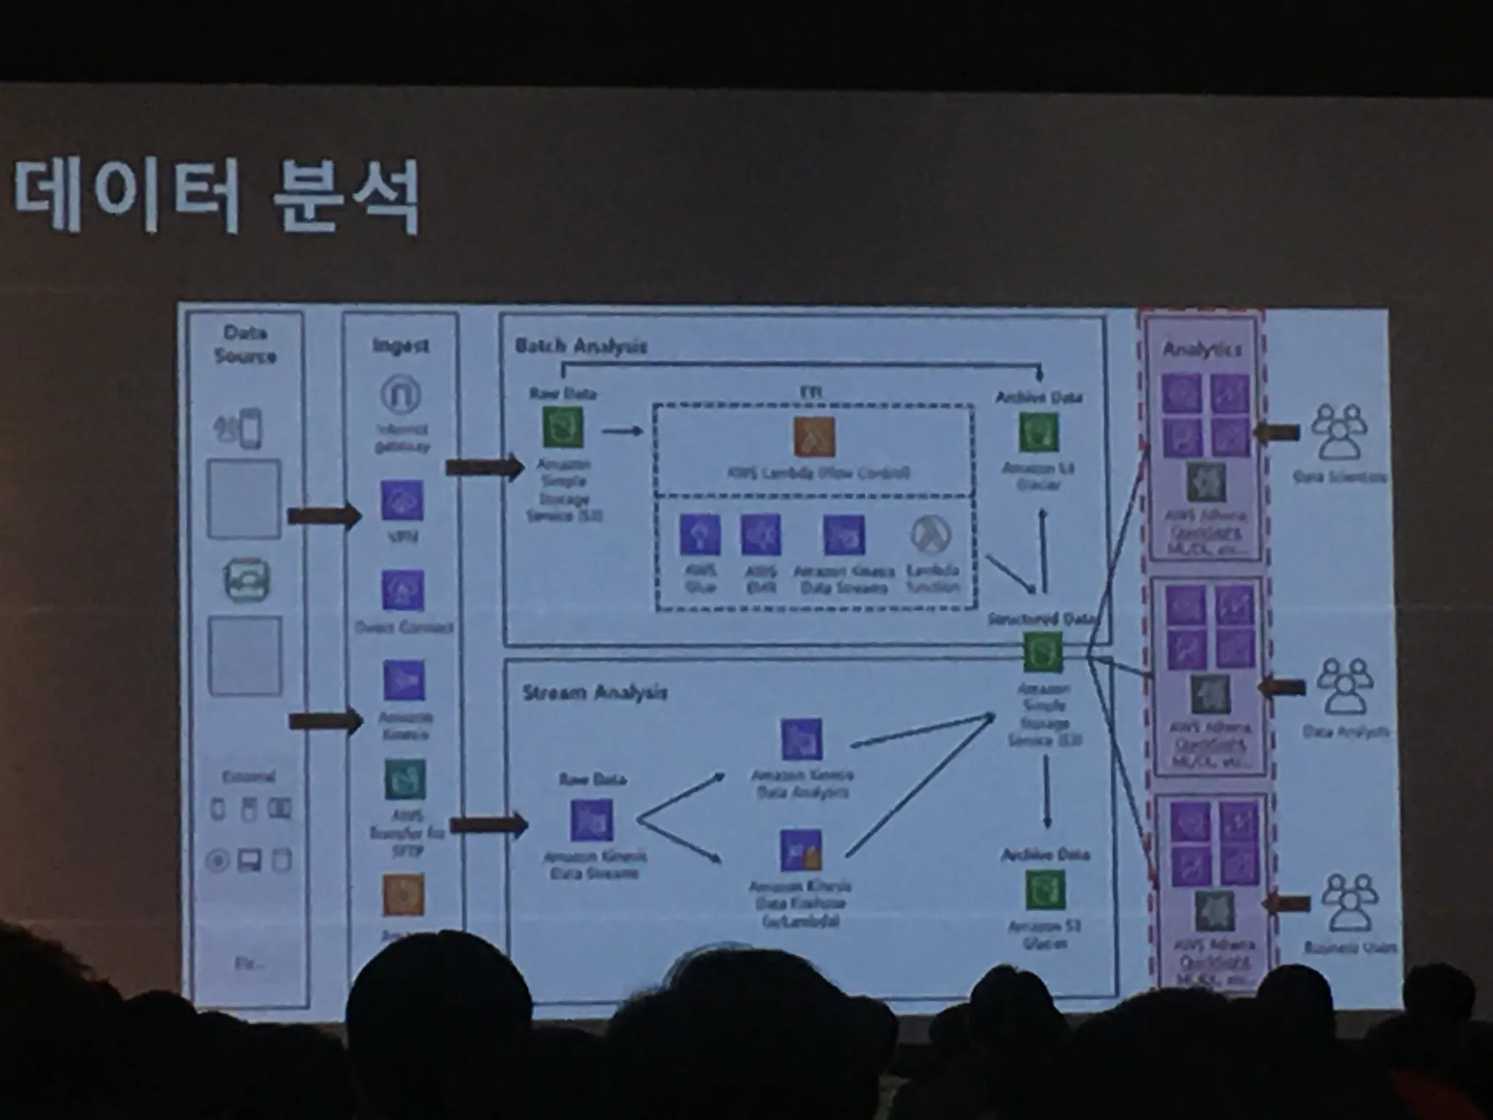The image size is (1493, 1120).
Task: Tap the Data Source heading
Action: (245, 344)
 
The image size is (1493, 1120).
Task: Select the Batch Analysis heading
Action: (580, 345)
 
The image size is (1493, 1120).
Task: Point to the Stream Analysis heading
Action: (594, 692)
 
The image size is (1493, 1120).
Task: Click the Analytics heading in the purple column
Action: (1201, 349)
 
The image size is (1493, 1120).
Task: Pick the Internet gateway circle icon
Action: (401, 394)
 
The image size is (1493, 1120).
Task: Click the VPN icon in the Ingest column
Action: (402, 500)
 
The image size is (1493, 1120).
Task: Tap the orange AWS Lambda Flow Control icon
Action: (814, 436)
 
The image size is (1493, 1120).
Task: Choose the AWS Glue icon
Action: (700, 534)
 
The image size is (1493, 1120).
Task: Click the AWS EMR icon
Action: (760, 534)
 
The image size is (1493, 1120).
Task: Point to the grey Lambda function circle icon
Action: (932, 534)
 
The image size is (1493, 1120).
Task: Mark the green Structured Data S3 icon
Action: (1042, 651)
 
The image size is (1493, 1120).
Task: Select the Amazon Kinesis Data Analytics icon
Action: (801, 739)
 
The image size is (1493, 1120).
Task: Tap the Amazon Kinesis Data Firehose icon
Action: (800, 850)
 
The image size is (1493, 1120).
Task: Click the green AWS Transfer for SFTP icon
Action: (405, 780)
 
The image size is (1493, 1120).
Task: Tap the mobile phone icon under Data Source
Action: (246, 427)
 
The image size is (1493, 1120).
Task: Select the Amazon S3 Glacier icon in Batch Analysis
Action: (1038, 432)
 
